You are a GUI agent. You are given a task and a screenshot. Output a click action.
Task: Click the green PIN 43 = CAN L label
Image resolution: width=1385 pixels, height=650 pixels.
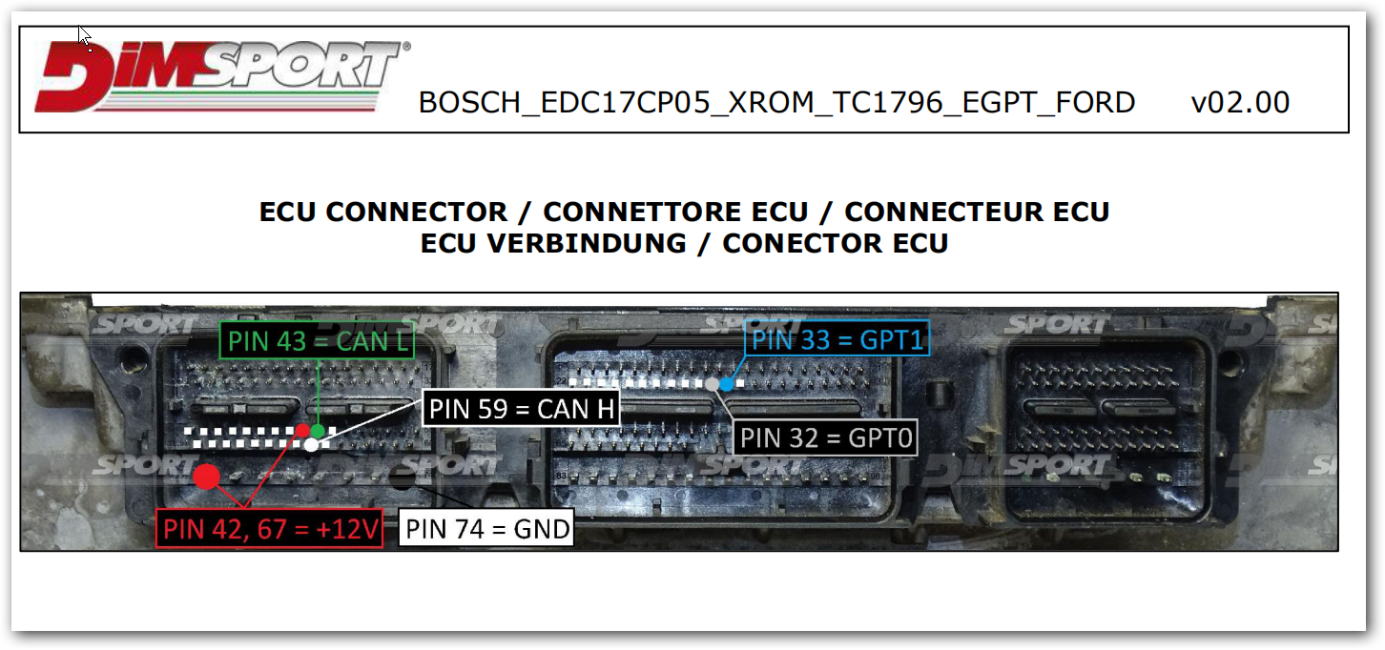pyautogui.click(x=317, y=340)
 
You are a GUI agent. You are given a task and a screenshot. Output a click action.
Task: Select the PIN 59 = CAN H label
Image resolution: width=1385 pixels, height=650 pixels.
pyautogui.click(x=521, y=409)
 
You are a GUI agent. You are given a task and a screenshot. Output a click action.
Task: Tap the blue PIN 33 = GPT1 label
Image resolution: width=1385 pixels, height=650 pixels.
pyautogui.click(x=837, y=338)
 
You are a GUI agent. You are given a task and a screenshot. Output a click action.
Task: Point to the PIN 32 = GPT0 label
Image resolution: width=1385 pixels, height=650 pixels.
pyautogui.click(x=825, y=437)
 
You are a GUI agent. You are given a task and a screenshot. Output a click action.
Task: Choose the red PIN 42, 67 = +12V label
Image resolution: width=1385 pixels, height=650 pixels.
pyautogui.click(x=270, y=528)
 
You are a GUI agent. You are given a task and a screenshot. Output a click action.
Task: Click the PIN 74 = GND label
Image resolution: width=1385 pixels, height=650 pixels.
pyautogui.click(x=486, y=528)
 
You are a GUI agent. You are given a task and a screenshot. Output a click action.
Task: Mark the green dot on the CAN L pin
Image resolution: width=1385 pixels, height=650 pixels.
pyautogui.click(x=318, y=431)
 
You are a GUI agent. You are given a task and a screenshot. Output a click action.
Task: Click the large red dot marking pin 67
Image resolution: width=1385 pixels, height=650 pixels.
pyautogui.click(x=207, y=477)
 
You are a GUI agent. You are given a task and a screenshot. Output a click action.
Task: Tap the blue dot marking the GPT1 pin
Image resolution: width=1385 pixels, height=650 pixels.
pyautogui.click(x=727, y=384)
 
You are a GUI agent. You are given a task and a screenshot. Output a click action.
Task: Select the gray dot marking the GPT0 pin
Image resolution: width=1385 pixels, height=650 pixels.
pyautogui.click(x=713, y=384)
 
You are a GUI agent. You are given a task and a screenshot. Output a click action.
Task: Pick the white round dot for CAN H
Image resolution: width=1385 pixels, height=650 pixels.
pyautogui.click(x=312, y=445)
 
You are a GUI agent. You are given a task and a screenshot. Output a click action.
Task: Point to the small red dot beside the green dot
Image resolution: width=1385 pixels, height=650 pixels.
pyautogui.click(x=303, y=430)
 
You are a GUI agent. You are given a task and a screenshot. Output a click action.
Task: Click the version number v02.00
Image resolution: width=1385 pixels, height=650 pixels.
pyautogui.click(x=1240, y=103)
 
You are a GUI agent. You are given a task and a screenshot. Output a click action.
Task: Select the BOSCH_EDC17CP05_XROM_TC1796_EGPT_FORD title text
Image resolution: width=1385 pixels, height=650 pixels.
pyautogui.click(x=776, y=103)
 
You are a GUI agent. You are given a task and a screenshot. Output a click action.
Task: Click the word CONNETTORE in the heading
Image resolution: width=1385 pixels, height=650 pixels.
pyautogui.click(x=675, y=212)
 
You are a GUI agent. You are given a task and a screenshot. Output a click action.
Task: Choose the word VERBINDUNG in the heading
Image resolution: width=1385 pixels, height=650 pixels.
pyautogui.click(x=587, y=243)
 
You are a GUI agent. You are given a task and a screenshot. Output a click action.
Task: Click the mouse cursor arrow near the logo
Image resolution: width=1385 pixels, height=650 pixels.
pyautogui.click(x=84, y=36)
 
